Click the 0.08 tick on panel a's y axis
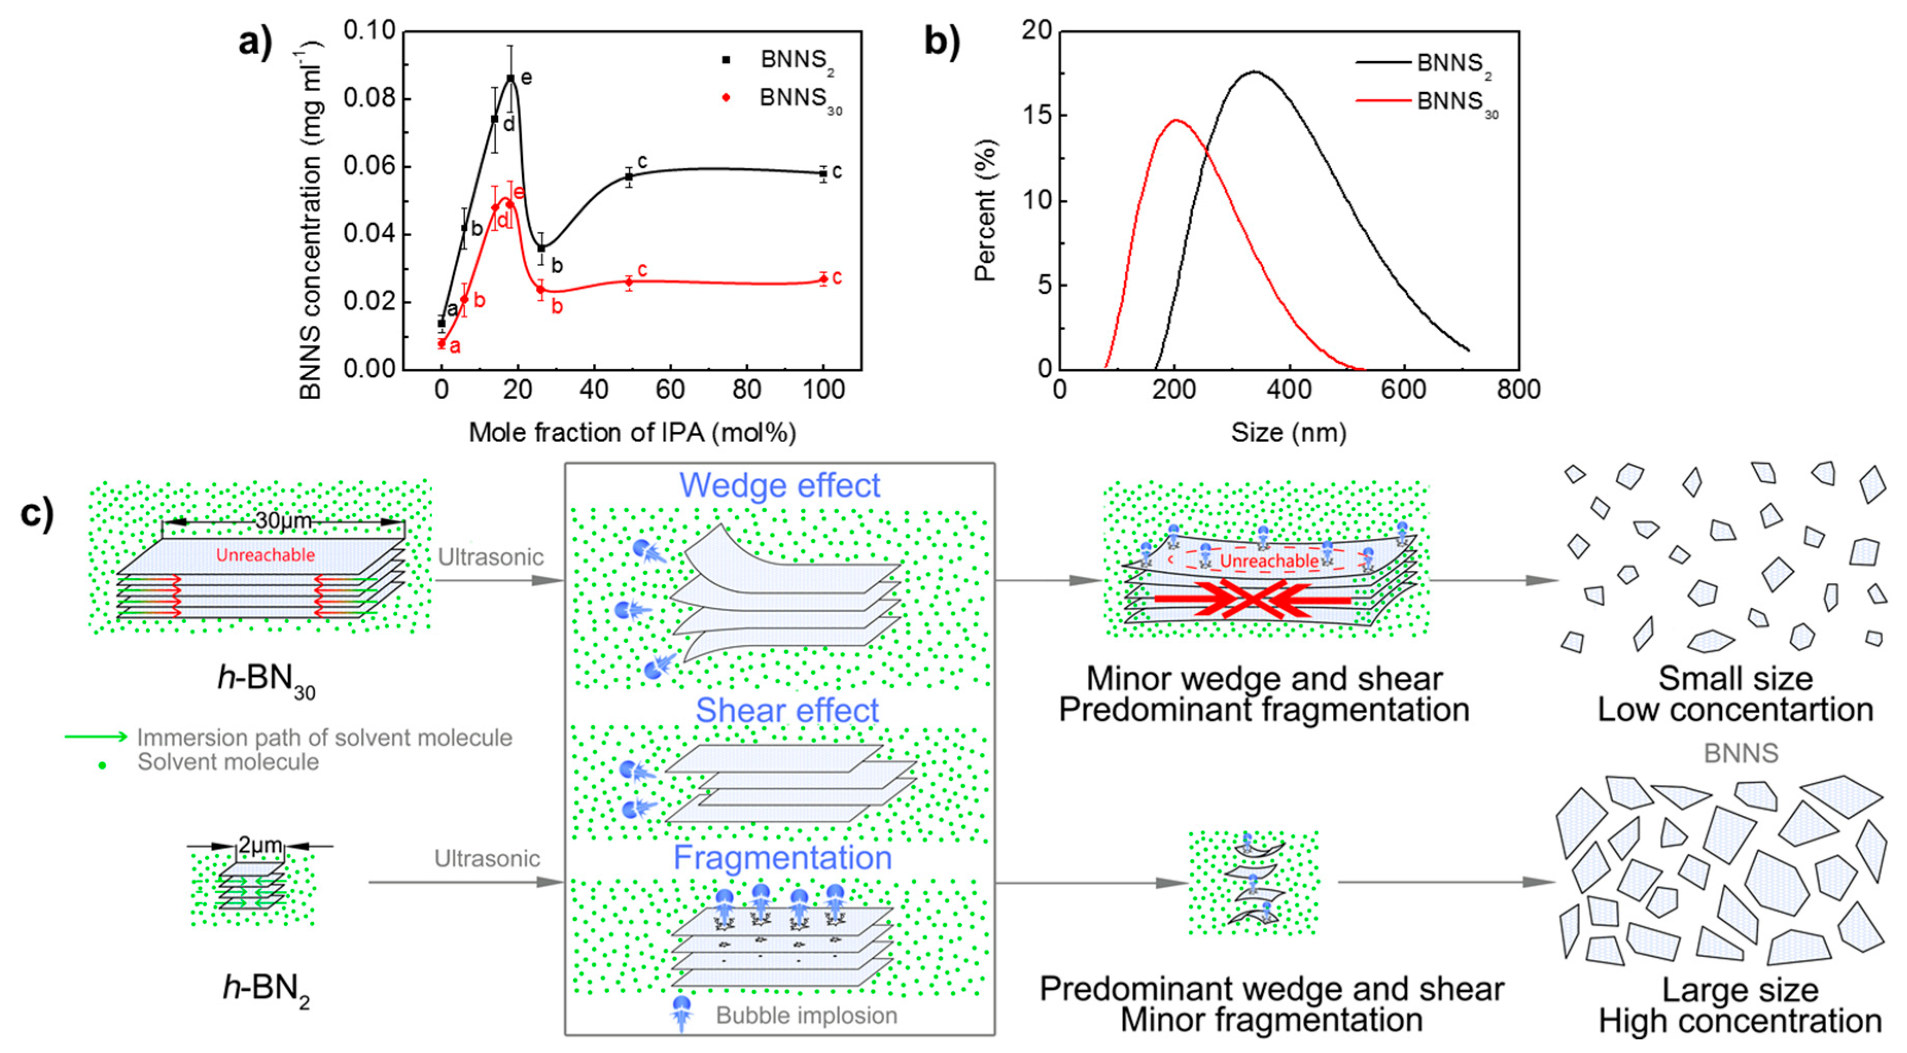coord(369,98)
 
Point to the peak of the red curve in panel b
coord(1176,120)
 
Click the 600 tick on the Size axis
coord(1404,390)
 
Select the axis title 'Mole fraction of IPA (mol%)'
coord(632,432)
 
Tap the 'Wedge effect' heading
coord(780,486)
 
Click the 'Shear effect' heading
coord(786,710)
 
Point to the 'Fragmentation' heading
coord(783,858)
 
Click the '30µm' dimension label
coord(284,521)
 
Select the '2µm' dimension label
coord(260,845)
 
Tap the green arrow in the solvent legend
coord(96,737)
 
